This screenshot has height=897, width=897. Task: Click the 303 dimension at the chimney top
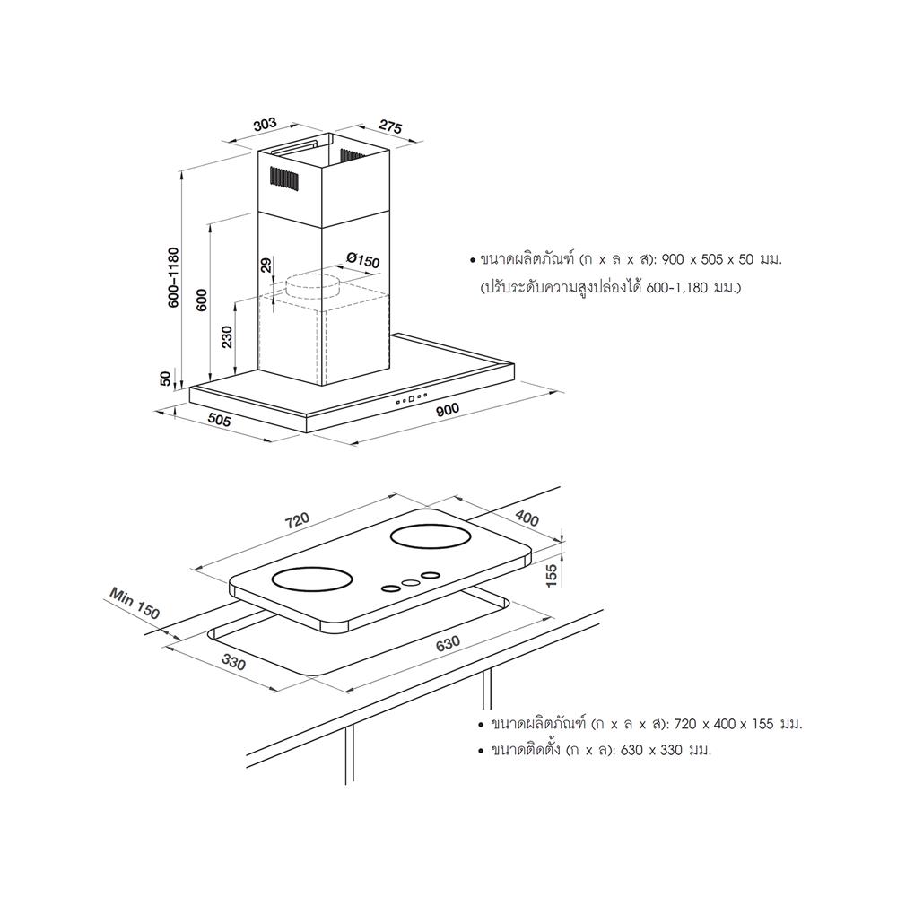(x=266, y=125)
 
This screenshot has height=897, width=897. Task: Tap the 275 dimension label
(x=391, y=127)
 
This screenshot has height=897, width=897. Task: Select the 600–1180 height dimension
(x=173, y=277)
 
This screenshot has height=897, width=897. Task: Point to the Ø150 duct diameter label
(x=362, y=260)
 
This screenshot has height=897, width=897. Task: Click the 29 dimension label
(x=266, y=265)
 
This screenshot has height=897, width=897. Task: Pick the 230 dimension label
(x=227, y=337)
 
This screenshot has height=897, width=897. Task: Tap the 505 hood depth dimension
(x=219, y=420)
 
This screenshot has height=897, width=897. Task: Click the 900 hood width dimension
(x=448, y=408)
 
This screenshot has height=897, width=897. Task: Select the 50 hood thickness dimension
(x=165, y=379)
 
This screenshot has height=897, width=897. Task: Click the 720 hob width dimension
(x=298, y=520)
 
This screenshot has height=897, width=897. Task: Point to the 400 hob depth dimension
(x=527, y=518)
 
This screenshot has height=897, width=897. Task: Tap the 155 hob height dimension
(x=551, y=576)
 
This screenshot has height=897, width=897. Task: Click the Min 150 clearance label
(x=135, y=603)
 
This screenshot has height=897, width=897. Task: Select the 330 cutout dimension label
(x=233, y=663)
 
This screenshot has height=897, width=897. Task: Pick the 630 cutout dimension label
(x=448, y=643)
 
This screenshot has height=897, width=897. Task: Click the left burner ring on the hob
(x=310, y=579)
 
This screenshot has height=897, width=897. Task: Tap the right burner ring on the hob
(x=431, y=537)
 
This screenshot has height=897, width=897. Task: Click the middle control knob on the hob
(x=411, y=582)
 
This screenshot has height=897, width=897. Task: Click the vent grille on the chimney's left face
(x=283, y=179)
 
